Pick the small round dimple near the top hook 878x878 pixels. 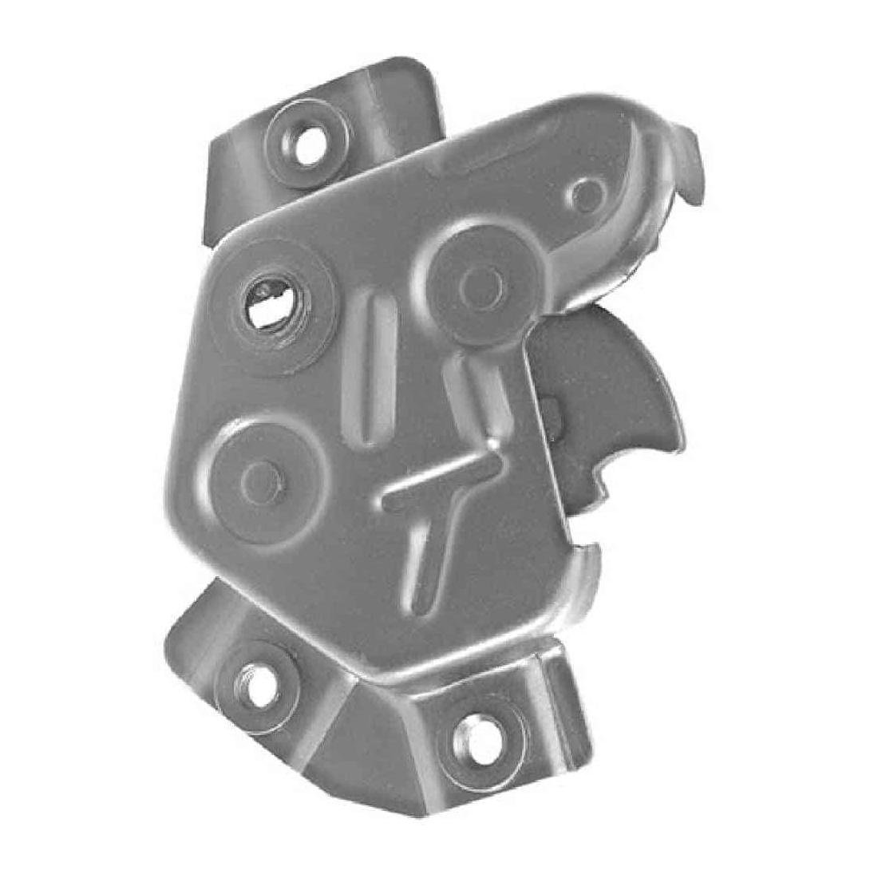click(589, 192)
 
